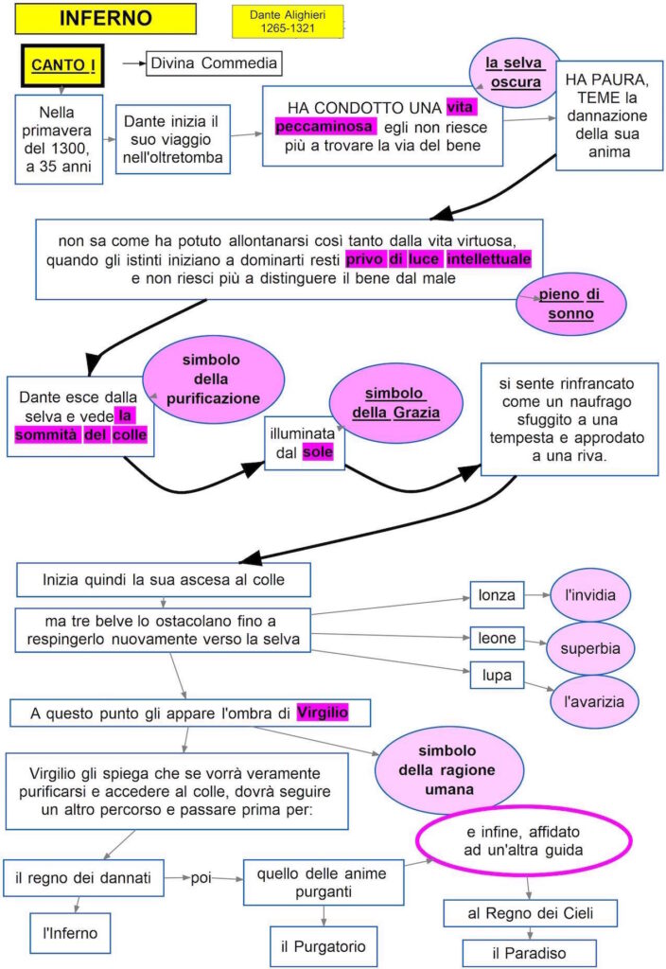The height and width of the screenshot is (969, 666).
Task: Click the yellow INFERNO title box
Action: click(x=105, y=18)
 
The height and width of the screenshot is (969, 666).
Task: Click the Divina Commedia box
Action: click(x=214, y=63)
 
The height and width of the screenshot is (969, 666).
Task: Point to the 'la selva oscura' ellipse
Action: click(x=515, y=72)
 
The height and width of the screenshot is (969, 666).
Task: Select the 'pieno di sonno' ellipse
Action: click(x=570, y=303)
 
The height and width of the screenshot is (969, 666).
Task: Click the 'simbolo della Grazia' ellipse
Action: click(x=396, y=403)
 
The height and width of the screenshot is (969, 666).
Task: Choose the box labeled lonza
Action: click(x=497, y=595)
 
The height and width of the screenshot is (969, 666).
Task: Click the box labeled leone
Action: click(x=497, y=639)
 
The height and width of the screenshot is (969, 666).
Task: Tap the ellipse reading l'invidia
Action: click(x=591, y=595)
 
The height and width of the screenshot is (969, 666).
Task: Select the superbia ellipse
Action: click(x=590, y=649)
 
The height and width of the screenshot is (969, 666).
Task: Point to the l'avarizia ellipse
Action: click(x=594, y=702)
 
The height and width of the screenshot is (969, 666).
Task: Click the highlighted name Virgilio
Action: click(x=323, y=713)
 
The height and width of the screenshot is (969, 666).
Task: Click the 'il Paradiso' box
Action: click(x=530, y=952)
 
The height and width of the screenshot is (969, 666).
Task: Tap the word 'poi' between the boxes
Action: click(x=201, y=877)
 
